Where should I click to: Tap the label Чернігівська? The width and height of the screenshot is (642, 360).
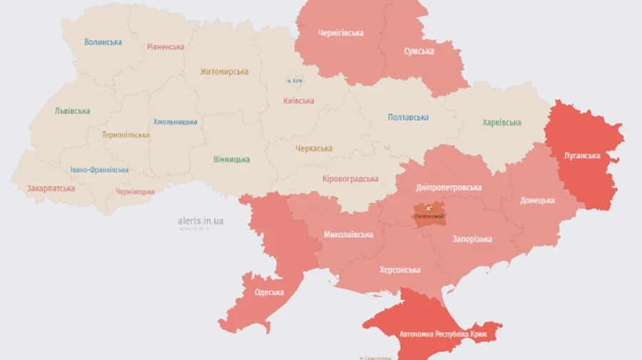[340, 33]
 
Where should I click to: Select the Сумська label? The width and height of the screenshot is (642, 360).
[419, 51]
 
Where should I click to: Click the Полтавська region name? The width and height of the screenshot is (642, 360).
[408, 117]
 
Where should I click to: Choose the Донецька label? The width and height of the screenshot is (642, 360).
[537, 200]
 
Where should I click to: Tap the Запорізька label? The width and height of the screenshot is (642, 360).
[472, 239]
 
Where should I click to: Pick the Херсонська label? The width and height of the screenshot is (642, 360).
[399, 269]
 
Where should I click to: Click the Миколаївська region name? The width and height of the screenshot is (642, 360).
[348, 234]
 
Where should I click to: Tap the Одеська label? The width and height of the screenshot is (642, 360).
[269, 292]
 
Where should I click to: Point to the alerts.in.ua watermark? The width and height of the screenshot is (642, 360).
[200, 221]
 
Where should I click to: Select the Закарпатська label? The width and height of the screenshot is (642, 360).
[51, 188]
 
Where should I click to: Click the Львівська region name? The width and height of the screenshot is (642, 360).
[72, 111]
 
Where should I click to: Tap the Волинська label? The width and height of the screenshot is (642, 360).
[103, 42]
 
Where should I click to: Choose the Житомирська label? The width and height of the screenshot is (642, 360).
[224, 71]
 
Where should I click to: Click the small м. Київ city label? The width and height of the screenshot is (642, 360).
[294, 81]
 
